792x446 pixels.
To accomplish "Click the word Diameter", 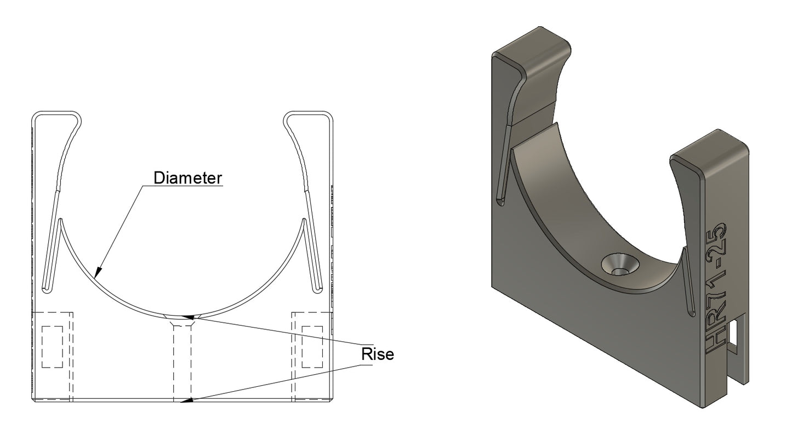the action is pyautogui.click(x=188, y=178).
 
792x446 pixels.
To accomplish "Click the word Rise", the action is pyautogui.click(x=377, y=354).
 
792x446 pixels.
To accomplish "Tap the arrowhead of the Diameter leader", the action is pyautogui.click(x=98, y=272).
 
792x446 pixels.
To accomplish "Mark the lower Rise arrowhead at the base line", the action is pyautogui.click(x=186, y=401).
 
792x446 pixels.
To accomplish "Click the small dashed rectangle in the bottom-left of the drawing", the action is pyautogui.click(x=52, y=347).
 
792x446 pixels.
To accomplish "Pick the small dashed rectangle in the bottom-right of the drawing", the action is pyautogui.click(x=312, y=347).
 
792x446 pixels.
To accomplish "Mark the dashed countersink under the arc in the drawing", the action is pyautogui.click(x=182, y=320).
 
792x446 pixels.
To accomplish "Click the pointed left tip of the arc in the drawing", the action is pyautogui.click(x=60, y=219).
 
